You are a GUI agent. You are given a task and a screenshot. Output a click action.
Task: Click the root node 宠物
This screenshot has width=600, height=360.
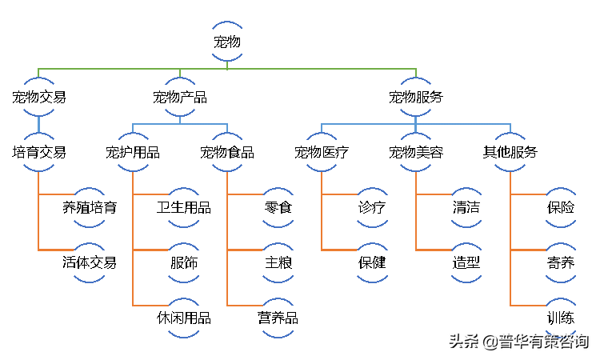pos(227,42)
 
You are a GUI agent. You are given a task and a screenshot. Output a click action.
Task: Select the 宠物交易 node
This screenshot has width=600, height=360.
pos(38,97)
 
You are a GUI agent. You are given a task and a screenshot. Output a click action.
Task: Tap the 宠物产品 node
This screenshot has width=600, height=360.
pos(180,97)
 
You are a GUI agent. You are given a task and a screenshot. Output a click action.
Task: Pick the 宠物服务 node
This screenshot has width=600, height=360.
pos(415,97)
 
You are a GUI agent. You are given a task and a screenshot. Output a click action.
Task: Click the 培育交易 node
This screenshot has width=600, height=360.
pos(38,152)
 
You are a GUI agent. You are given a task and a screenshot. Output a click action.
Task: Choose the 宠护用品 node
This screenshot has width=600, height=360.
pos(133,152)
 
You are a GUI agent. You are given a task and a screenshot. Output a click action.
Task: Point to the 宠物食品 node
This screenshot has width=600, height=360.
pos(227,152)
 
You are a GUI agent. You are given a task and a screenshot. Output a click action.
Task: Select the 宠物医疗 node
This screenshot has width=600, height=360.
pos(322,152)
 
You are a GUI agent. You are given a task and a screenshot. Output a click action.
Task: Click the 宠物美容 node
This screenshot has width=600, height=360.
pos(415,152)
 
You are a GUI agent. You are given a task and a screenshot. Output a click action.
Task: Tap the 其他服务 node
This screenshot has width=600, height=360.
pos(510,152)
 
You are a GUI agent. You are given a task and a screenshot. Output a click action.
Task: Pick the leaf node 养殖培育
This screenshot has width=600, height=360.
pos(89,208)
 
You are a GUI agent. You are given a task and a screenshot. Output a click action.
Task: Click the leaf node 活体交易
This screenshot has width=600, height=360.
pos(89,263)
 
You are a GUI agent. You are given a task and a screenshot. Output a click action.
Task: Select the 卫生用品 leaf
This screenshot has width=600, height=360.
pos(184,208)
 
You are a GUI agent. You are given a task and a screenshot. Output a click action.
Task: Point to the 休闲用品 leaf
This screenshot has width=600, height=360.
pos(184,318)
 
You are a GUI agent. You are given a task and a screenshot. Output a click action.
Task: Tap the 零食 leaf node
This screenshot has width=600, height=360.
pos(278,208)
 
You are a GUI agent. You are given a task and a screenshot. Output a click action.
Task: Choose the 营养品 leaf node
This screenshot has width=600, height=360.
pos(278,318)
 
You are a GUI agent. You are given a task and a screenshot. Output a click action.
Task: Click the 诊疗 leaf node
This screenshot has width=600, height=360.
pos(372,208)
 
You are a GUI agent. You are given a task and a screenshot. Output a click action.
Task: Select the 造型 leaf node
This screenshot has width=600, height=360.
pos(466,263)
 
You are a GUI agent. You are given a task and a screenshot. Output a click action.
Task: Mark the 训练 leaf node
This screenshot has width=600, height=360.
pos(561,318)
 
